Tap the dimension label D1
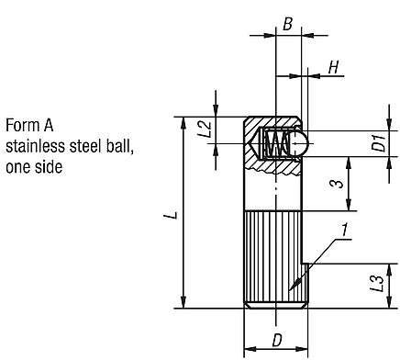pyautogui.click(x=376, y=143)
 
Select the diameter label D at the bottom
pyautogui.click(x=276, y=341)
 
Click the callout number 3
pyautogui.click(x=338, y=183)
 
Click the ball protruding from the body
pyautogui.click(x=296, y=142)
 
